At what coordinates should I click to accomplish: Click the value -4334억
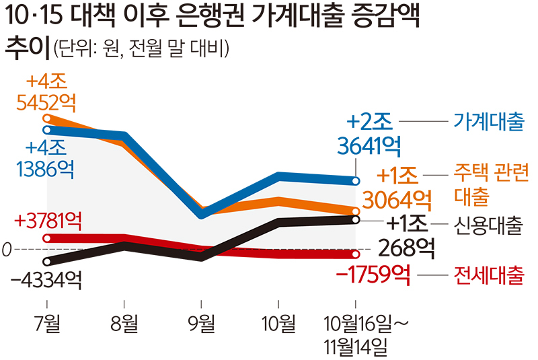tap(46, 279)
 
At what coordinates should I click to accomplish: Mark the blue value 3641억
tap(374, 144)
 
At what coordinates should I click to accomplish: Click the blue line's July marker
tap(47, 129)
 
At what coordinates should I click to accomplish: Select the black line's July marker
tap(46, 261)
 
